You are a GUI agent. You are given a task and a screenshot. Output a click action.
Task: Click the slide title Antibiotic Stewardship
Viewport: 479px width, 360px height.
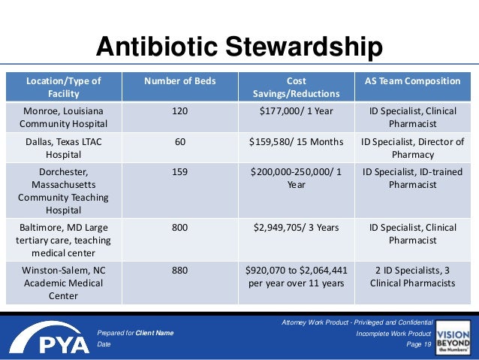(x=239, y=47)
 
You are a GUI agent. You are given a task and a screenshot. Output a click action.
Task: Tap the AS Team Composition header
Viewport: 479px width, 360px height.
(x=412, y=80)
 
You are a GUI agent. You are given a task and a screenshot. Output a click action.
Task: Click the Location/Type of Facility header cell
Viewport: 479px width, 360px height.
(x=64, y=87)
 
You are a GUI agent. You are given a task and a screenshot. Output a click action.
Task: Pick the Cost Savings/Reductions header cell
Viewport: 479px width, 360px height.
(x=296, y=87)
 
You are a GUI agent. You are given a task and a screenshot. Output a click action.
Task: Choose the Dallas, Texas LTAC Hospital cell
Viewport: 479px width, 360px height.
(x=64, y=148)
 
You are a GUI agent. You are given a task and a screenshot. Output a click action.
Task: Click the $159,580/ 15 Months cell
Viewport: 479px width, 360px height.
(x=296, y=142)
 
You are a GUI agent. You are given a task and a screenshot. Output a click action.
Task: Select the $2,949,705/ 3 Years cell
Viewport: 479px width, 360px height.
(x=296, y=227)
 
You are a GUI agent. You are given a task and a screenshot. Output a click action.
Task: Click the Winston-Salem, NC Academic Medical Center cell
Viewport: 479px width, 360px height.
(x=64, y=283)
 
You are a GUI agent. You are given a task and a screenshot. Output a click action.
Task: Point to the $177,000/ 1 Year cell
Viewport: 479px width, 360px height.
(x=296, y=111)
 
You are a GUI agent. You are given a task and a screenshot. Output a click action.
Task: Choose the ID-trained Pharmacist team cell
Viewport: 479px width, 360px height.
(x=412, y=178)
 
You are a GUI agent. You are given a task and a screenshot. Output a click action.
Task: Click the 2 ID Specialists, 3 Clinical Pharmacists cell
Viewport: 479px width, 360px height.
(x=412, y=277)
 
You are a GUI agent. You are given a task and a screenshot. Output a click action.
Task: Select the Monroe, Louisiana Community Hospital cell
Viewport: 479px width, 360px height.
(x=64, y=117)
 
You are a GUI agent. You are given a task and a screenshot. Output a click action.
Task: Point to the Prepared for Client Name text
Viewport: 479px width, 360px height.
(x=135, y=332)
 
